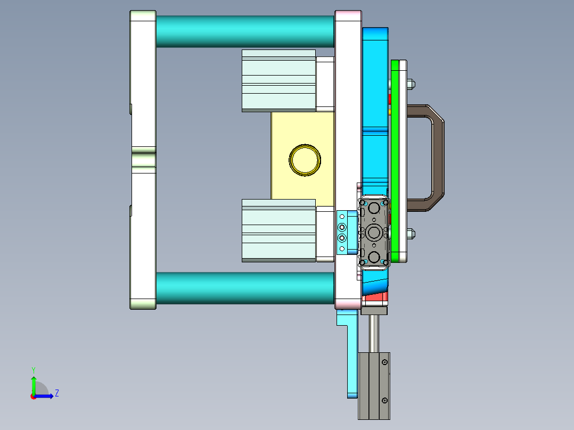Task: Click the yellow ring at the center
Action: click(305, 160)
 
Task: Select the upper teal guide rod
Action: click(245, 31)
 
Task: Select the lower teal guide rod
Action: click(245, 288)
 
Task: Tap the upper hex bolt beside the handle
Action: click(411, 84)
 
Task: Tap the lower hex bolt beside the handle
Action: click(411, 233)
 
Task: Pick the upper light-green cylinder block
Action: click(278, 81)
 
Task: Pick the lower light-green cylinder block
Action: click(278, 230)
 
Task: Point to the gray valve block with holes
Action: click(374, 233)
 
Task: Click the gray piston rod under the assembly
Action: click(374, 333)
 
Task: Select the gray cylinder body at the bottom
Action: click(374, 386)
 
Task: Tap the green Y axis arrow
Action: click(34, 382)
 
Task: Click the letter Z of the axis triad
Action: click(56, 393)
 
